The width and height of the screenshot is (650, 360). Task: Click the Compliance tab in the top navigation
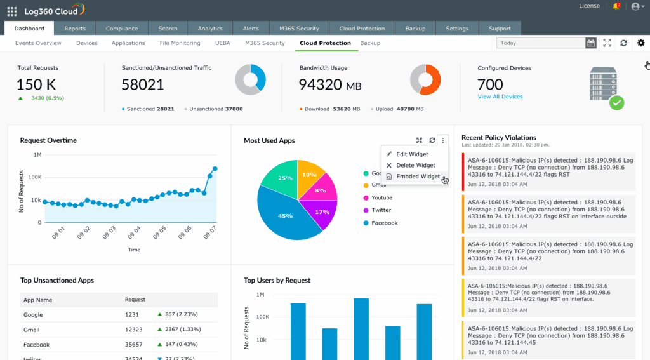click(x=121, y=29)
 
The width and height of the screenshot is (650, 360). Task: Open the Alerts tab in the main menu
click(x=250, y=29)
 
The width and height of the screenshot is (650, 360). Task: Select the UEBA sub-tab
click(x=222, y=43)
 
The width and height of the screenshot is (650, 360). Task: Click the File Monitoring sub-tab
click(x=180, y=43)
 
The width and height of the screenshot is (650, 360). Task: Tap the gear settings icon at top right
click(x=640, y=43)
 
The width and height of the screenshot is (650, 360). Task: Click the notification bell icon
click(x=616, y=7)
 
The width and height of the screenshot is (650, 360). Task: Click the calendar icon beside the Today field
click(x=591, y=43)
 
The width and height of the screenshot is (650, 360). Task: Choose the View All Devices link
click(x=500, y=97)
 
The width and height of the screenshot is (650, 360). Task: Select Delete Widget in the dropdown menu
click(x=416, y=165)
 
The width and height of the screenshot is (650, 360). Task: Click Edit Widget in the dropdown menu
click(x=412, y=154)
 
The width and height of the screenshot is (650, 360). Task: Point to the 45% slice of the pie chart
click(x=286, y=216)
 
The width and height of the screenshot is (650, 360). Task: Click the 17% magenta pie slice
click(x=322, y=211)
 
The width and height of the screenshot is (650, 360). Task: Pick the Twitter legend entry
click(x=381, y=210)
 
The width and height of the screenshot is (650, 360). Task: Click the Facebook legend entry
click(x=384, y=223)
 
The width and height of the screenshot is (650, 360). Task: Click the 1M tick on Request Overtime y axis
click(x=37, y=155)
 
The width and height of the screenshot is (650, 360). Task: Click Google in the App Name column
click(x=33, y=315)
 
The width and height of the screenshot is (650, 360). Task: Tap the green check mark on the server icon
click(x=616, y=103)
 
